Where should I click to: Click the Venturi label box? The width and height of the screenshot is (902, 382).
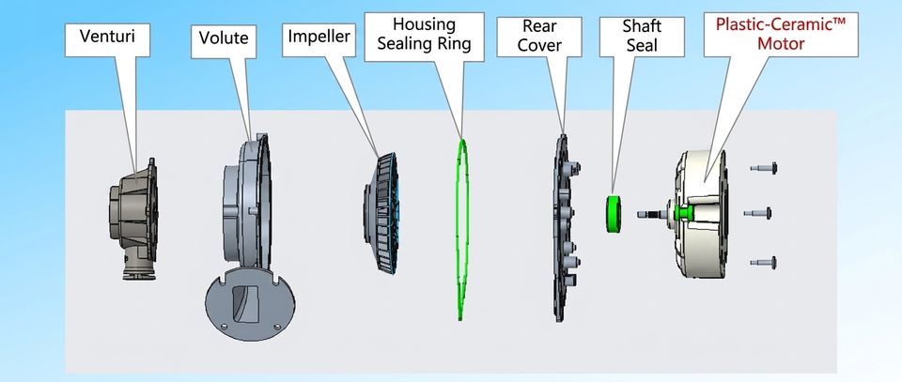107,39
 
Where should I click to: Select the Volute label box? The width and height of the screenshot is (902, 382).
224,41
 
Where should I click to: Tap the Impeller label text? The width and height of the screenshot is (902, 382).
319,37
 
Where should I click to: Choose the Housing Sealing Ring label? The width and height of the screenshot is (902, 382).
424,34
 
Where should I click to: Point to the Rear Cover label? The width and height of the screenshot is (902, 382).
539,36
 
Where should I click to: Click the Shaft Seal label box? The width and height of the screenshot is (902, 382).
642,36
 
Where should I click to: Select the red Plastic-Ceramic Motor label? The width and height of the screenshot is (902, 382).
781,33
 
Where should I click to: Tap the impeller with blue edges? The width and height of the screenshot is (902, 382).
381,212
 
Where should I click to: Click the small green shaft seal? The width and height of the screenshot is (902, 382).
614,214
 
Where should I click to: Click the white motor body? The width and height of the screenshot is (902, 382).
702,214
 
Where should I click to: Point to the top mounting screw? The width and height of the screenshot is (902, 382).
763,168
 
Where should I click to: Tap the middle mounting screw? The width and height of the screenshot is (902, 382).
757,213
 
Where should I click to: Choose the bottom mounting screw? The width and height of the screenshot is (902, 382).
763,263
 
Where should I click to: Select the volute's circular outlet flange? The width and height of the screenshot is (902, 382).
250,304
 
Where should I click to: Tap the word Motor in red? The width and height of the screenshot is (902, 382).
781,43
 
